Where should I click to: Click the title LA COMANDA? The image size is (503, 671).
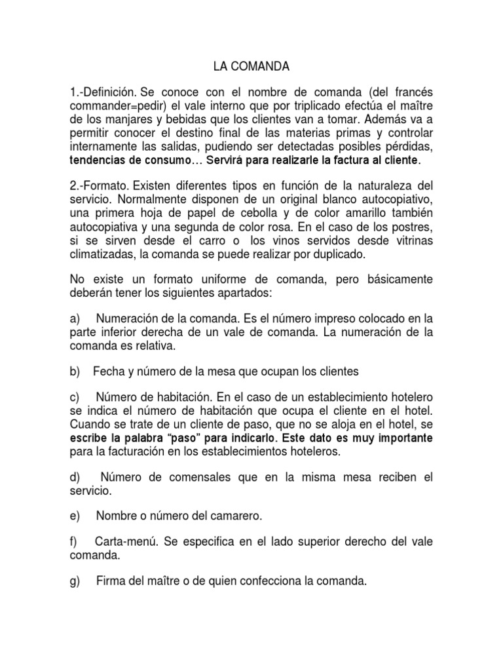tap(251, 66)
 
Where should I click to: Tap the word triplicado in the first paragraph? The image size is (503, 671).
tap(294, 106)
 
